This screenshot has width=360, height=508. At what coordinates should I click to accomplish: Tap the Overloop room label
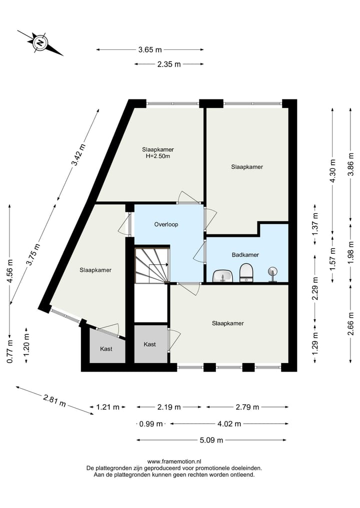pyautogui.click(x=166, y=224)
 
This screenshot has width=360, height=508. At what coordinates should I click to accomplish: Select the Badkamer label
pyautogui.click(x=245, y=255)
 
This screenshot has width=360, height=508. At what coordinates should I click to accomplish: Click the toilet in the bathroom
pyautogui.click(x=246, y=273)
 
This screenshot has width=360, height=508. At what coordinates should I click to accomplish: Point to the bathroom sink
pyautogui.click(x=222, y=275)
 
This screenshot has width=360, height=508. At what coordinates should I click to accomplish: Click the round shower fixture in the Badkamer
pyautogui.click(x=272, y=273)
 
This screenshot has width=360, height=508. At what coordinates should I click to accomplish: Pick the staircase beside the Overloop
pyautogui.click(x=152, y=264)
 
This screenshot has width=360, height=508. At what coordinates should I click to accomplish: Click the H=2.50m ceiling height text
pyautogui.click(x=157, y=156)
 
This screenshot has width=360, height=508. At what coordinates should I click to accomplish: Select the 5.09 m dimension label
pyautogui.click(x=211, y=440)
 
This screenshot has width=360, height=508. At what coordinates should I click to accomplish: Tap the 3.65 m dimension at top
pyautogui.click(x=150, y=49)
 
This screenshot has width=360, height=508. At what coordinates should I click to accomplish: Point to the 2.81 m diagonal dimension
pyautogui.click(x=54, y=401)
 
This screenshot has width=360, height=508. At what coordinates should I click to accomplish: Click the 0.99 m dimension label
pyautogui.click(x=151, y=424)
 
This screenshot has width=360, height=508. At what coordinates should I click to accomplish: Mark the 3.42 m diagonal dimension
pyautogui.click(x=78, y=155)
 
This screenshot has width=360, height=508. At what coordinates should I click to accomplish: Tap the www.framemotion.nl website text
pyautogui.click(x=173, y=462)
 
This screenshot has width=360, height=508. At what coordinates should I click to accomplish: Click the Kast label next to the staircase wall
pyautogui.click(x=149, y=344)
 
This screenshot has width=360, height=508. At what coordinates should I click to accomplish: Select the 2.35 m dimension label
pyautogui.click(x=168, y=64)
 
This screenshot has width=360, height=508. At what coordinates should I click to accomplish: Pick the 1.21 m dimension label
pyautogui.click(x=107, y=407)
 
